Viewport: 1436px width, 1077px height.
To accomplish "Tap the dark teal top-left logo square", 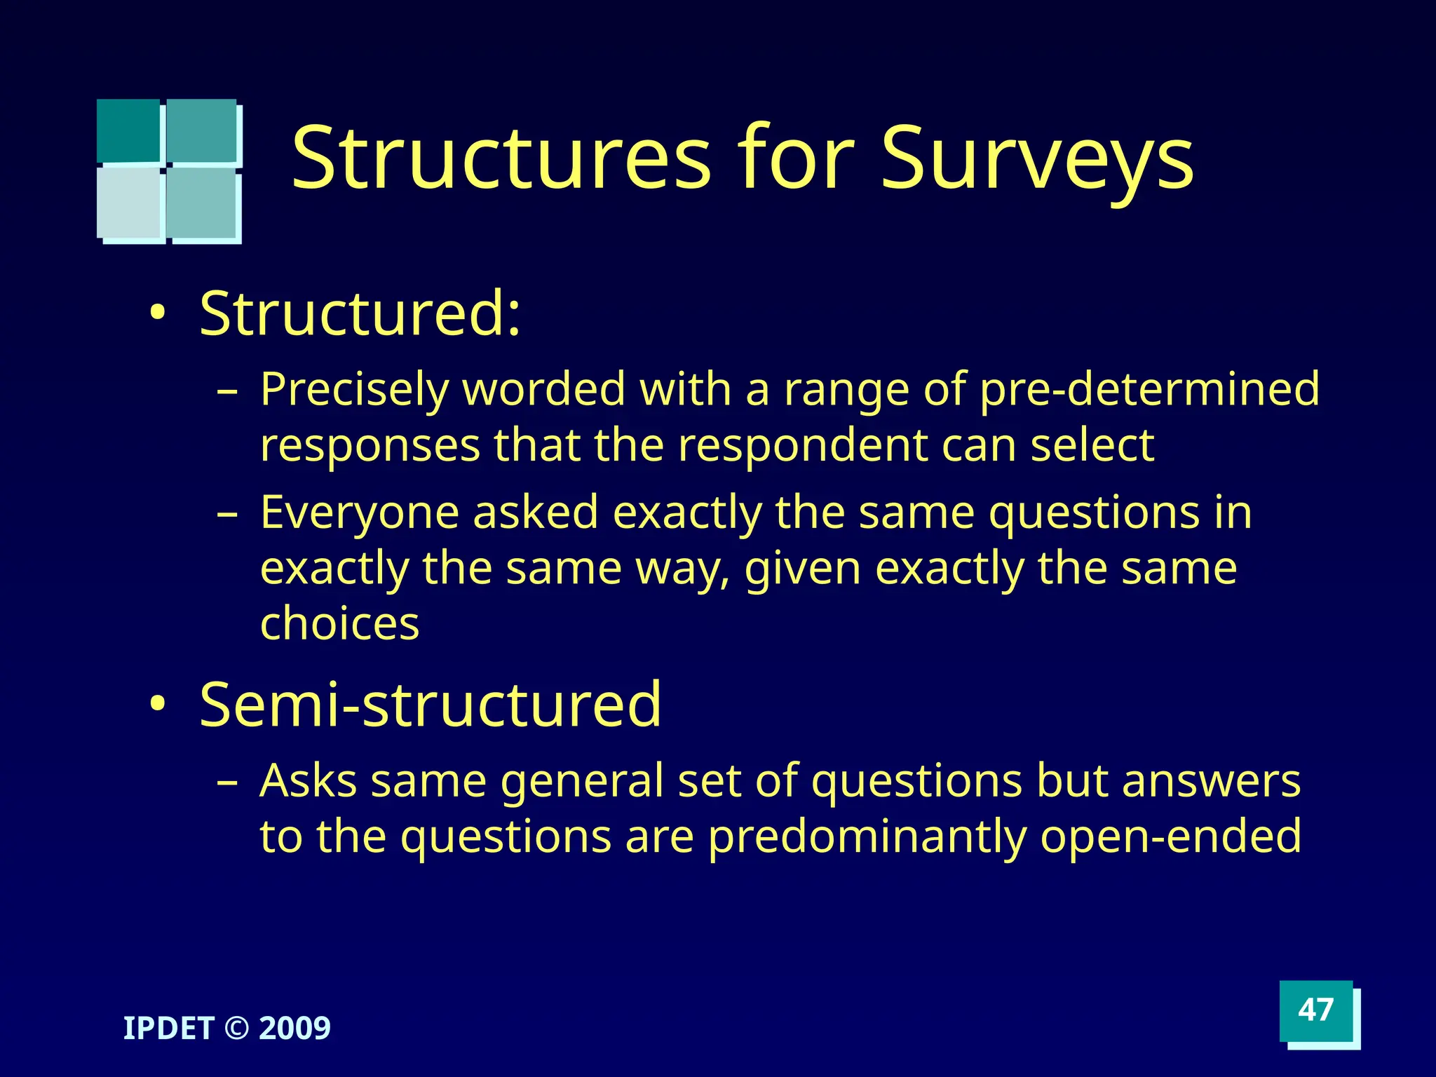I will [x=128, y=130].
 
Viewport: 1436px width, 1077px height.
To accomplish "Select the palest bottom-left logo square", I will [x=129, y=203].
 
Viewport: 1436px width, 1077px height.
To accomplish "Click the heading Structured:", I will [x=360, y=313].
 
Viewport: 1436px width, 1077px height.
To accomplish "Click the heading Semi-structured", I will [x=431, y=704].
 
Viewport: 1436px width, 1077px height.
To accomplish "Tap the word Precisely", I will [x=354, y=390].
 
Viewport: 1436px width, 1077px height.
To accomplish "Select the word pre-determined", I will [x=1149, y=388].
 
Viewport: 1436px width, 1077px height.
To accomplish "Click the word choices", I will [x=339, y=623].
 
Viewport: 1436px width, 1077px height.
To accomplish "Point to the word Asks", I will [x=309, y=780].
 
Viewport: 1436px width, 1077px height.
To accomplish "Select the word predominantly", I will [x=867, y=837].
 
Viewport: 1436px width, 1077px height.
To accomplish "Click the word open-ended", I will [x=1170, y=836].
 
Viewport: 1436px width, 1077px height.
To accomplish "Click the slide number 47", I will [x=1315, y=1010].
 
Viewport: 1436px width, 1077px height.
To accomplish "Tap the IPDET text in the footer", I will [x=168, y=1029].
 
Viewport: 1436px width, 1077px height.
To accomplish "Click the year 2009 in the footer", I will [x=294, y=1029].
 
